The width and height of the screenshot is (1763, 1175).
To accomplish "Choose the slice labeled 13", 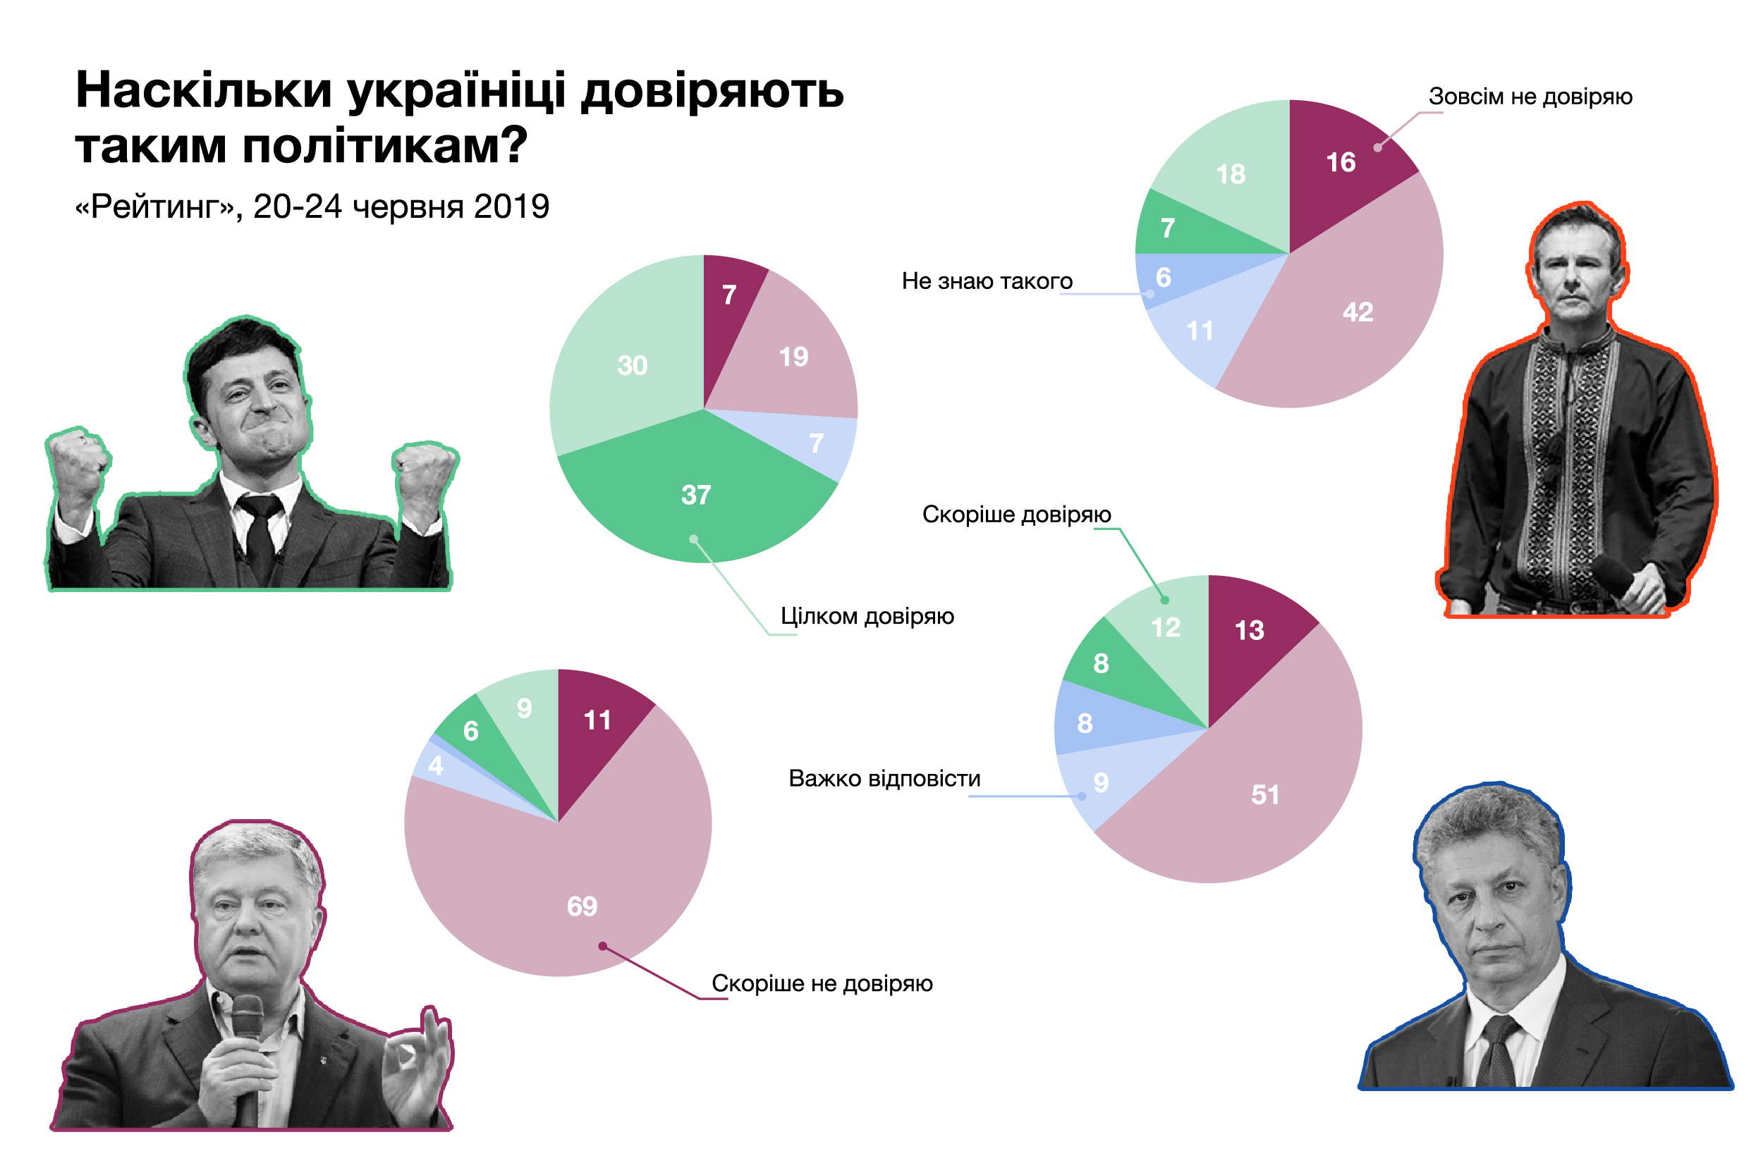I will [1250, 637].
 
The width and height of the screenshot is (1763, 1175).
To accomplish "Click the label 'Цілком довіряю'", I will [867, 617].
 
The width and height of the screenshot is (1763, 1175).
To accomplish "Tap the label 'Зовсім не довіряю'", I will [1530, 97].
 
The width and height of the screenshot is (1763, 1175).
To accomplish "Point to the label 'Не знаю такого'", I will [987, 282].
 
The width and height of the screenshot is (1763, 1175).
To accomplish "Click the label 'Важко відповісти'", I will [884, 780].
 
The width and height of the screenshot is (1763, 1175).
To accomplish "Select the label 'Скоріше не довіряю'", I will [822, 984].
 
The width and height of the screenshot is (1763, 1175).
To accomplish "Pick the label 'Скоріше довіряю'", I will [1016, 515].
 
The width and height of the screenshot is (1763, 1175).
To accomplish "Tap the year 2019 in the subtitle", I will [511, 207].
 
